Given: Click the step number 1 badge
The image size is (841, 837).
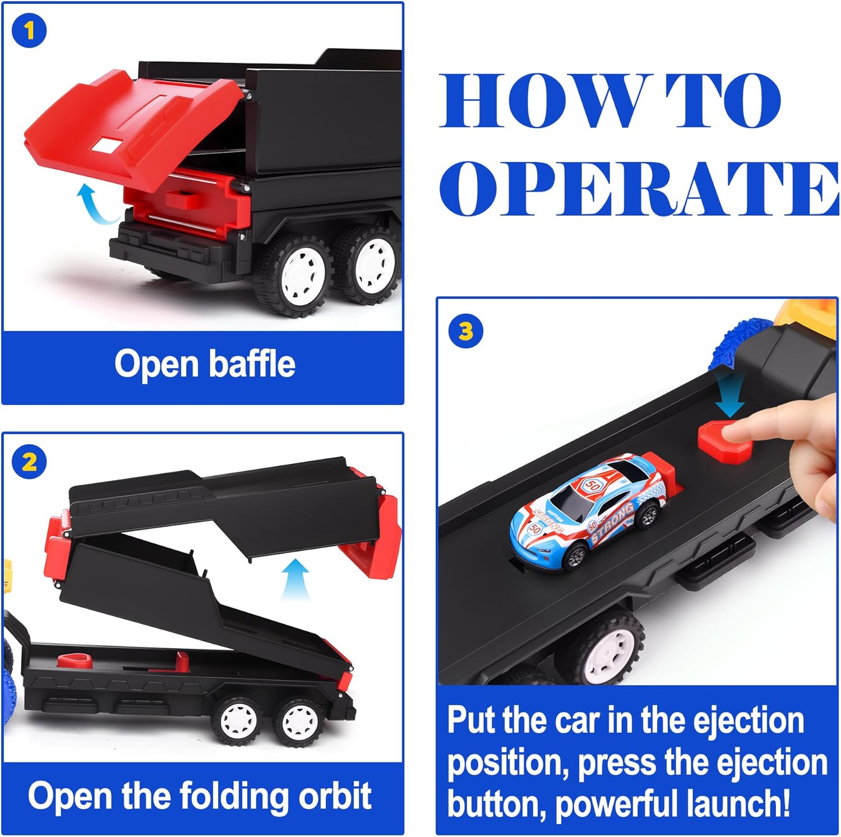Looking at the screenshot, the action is click(29, 31).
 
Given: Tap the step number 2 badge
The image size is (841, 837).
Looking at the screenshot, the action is click(29, 462).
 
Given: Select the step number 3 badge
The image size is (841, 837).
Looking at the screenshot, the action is click(466, 332).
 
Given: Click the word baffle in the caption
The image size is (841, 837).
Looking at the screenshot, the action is click(252, 364).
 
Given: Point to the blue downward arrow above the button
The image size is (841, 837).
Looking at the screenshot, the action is click(731, 395).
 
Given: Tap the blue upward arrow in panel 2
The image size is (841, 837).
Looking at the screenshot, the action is click(295, 580).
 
